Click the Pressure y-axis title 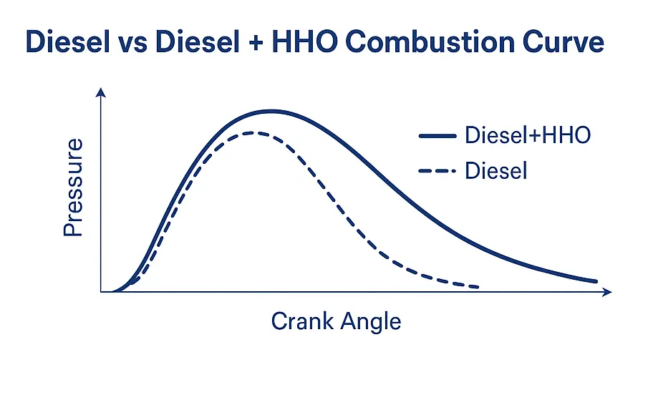tap(73, 188)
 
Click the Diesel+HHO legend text tap(528, 135)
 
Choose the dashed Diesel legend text tap(496, 171)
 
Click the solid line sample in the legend tap(436, 135)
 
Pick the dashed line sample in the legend tap(436, 172)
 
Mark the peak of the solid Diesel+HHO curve tap(271, 111)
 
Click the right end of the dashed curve tap(477, 287)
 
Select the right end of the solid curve tap(596, 281)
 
